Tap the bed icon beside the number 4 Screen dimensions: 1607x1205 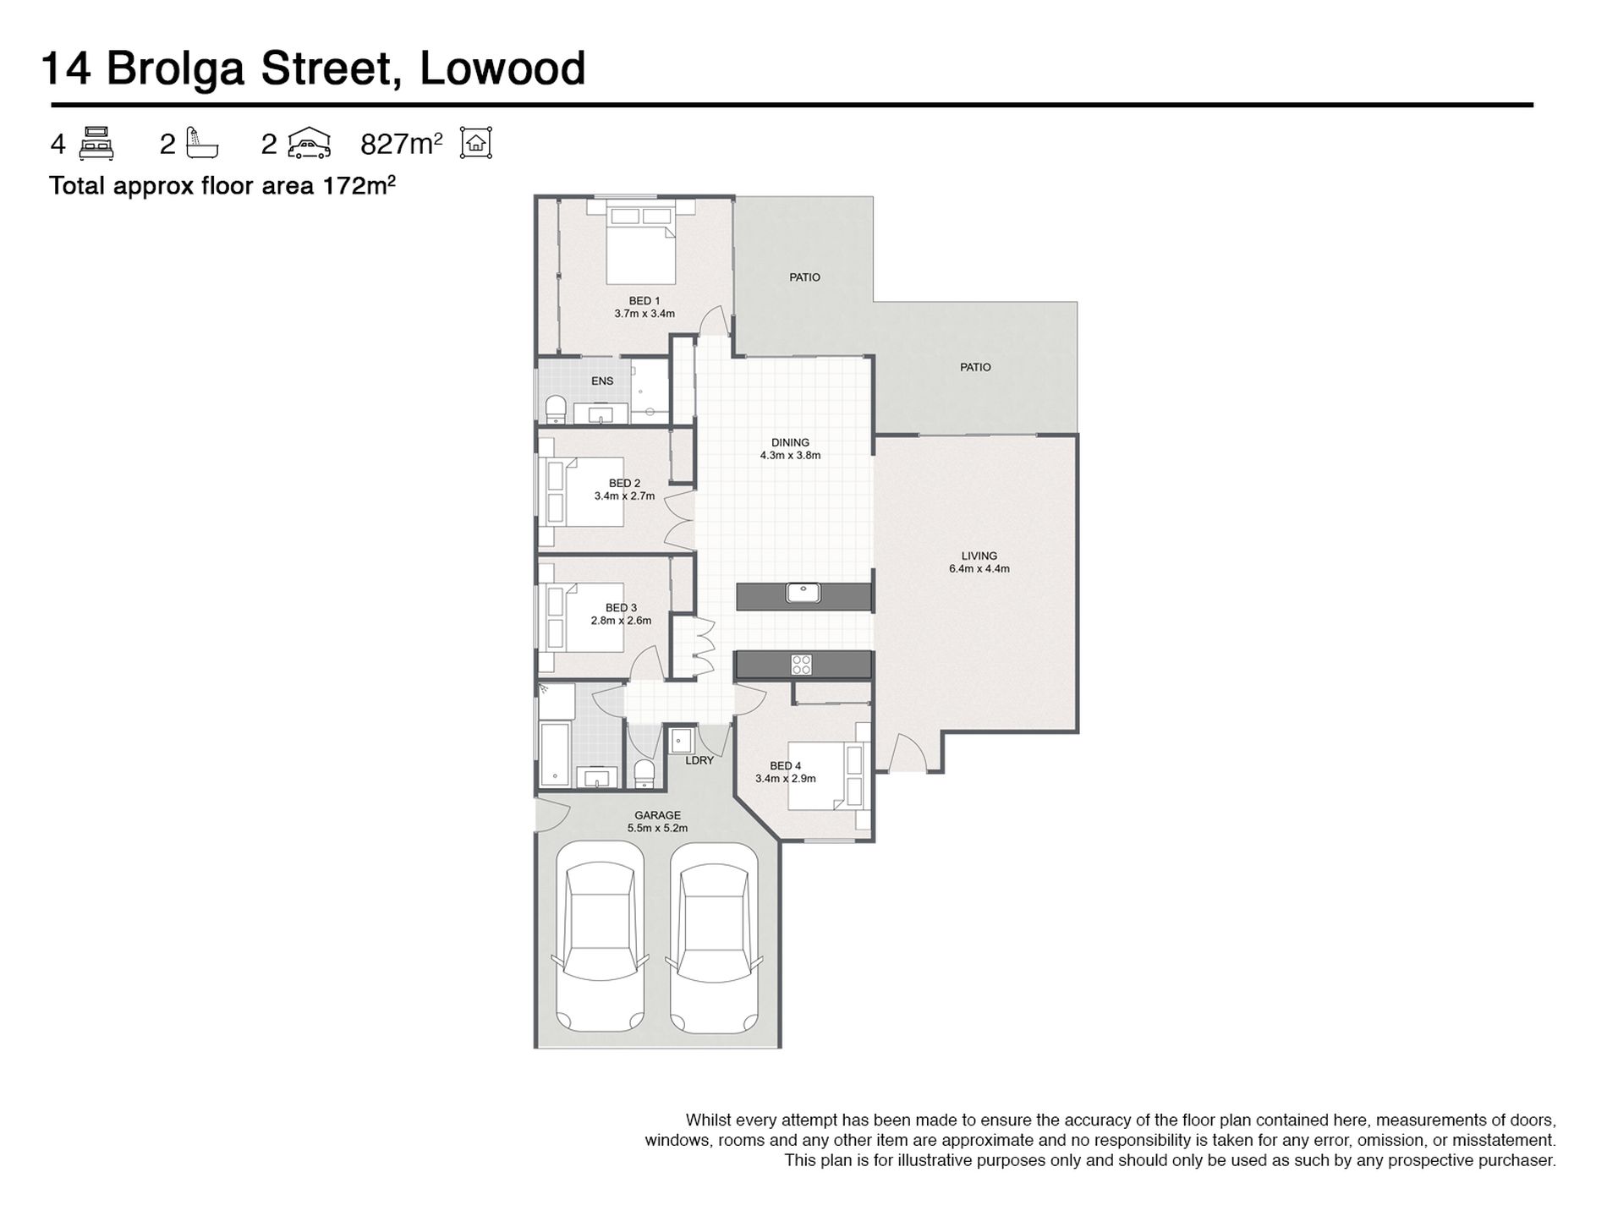click(96, 143)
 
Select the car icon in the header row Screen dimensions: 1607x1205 click(309, 143)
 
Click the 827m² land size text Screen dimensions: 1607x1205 click(402, 144)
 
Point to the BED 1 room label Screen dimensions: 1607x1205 click(644, 300)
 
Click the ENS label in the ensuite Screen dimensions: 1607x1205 click(602, 381)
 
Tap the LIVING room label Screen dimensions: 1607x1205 click(979, 556)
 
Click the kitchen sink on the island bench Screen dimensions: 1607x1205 click(803, 593)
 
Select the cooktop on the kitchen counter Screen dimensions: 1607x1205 click(801, 665)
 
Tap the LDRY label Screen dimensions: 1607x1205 click(699, 760)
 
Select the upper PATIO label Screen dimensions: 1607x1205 click(804, 277)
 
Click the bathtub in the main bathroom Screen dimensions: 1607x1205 click(556, 753)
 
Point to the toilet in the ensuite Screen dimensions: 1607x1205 click(556, 408)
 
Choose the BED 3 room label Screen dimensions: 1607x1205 click(621, 607)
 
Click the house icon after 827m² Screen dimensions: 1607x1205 click(476, 143)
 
